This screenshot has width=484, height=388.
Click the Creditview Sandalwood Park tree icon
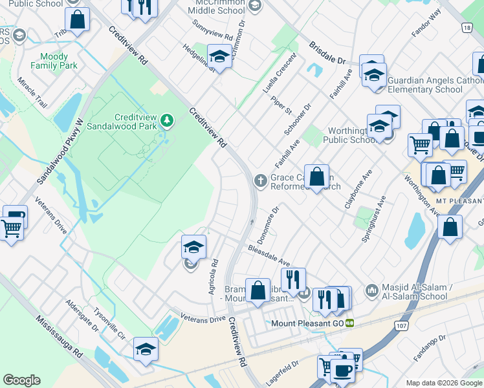[x=167, y=120]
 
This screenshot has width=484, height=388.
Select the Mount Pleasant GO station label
[x=309, y=322]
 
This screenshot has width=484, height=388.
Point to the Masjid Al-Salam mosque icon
[x=371, y=289]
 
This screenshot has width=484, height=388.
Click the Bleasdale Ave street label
[x=269, y=255]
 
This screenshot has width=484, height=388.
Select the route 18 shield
[x=467, y=27]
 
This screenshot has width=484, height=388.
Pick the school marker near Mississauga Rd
[x=146, y=350]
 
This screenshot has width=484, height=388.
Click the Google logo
[x=21, y=380]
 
